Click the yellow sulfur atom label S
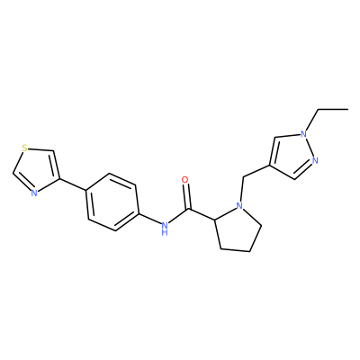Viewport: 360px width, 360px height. click(25, 148)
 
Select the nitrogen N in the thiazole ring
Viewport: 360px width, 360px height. click(34, 193)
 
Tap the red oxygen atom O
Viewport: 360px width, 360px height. click(185, 180)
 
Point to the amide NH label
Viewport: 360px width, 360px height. click(164, 228)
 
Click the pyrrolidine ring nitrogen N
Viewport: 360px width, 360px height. click(239, 205)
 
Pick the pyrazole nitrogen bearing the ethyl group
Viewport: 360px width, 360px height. click(304, 134)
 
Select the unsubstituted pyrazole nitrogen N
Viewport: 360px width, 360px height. click(315, 160)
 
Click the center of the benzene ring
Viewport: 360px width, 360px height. click(113, 202)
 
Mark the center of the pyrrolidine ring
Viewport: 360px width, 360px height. click(237, 229)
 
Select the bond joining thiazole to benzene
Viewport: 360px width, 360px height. click(74, 184)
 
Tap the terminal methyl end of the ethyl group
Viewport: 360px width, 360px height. click(347, 110)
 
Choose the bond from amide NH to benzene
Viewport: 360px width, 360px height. click(149, 219)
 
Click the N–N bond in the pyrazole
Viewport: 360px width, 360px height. click(310, 148)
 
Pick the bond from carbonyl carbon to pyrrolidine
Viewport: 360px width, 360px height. click(202, 215)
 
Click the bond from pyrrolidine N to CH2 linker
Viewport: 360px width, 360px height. click(241, 189)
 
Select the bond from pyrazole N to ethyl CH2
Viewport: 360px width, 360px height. click(311, 120)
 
